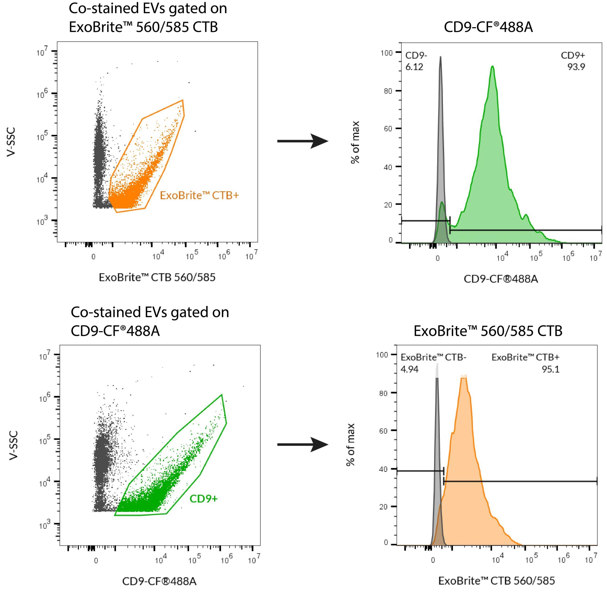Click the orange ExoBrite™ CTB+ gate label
199,196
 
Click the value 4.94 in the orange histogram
409,369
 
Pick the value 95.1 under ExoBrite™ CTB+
551,369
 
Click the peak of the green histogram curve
492,66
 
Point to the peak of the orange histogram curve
464,375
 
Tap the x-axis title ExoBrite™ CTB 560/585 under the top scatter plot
157,277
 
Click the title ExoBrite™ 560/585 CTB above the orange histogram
488,331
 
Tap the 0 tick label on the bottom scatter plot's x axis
96,561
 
